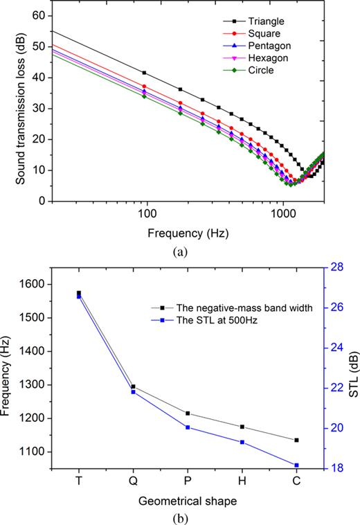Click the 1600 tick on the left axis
tap(33, 284)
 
